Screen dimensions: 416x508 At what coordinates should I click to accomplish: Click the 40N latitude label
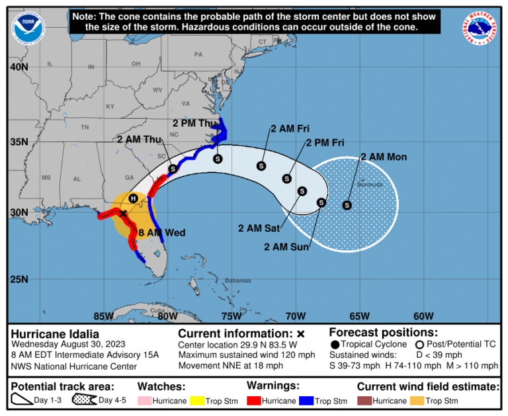pyautogui.click(x=19, y=67)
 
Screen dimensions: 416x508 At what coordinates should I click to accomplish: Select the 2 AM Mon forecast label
pyautogui.click(x=384, y=156)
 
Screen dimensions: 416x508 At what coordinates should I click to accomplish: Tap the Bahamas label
pyautogui.click(x=238, y=281)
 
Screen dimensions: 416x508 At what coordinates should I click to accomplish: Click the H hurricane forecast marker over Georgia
pyautogui.click(x=133, y=198)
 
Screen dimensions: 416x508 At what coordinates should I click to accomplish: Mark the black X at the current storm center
pyautogui.click(x=123, y=213)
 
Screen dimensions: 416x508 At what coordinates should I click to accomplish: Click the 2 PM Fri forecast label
pyautogui.click(x=325, y=143)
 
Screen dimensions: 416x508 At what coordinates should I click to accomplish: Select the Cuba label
pyautogui.click(x=157, y=310)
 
